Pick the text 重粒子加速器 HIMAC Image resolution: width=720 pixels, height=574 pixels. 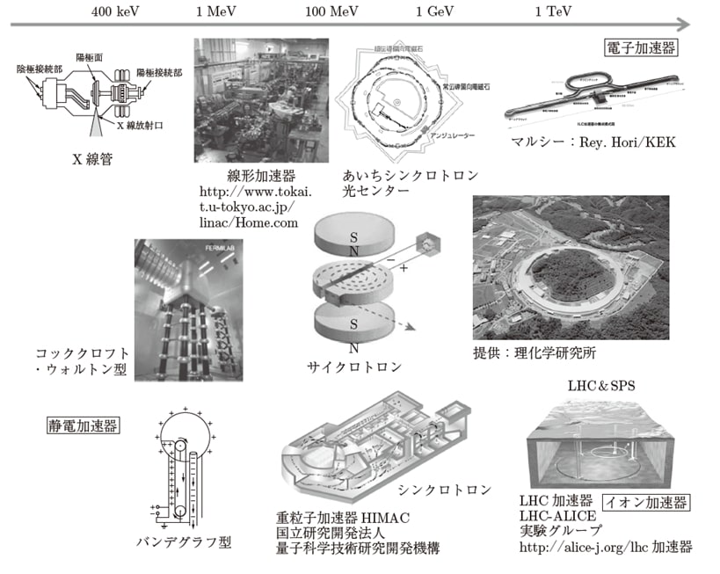point(343,516)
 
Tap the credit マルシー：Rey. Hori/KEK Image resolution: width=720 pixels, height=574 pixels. point(593,142)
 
